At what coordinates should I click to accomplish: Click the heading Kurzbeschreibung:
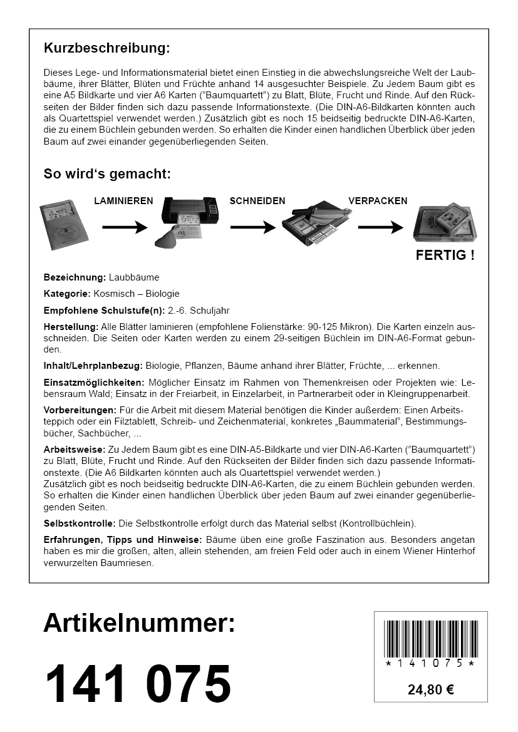[106, 48]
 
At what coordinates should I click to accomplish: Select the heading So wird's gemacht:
[106, 173]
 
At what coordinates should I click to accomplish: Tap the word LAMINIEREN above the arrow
[123, 201]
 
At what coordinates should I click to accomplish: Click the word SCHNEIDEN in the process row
[257, 201]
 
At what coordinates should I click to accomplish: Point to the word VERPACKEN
[378, 201]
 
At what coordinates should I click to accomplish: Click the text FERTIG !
[445, 255]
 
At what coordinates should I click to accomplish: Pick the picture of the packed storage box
[445, 223]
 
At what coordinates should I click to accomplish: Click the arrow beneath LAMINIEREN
[124, 228]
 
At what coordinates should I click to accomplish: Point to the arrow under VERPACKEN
[380, 228]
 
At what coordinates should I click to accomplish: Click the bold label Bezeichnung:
[75, 277]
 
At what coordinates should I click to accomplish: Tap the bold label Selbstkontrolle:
[80, 522]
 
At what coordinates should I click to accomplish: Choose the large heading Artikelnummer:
[139, 623]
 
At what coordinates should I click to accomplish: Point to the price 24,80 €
[430, 690]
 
